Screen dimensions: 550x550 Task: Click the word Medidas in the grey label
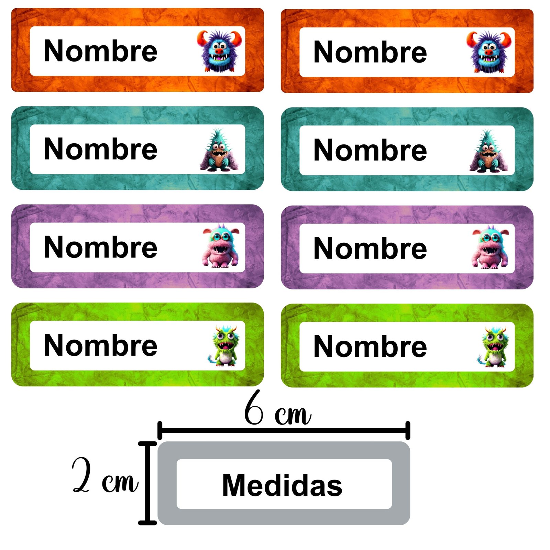click(x=282, y=485)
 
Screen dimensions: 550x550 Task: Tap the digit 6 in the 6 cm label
click(x=254, y=408)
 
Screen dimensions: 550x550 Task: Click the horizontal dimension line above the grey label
click(x=284, y=430)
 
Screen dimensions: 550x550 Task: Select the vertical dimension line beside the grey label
click(x=147, y=483)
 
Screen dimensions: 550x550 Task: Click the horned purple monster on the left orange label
click(x=219, y=51)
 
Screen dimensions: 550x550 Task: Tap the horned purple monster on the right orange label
click(x=489, y=52)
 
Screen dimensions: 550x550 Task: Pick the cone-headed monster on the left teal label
click(x=219, y=150)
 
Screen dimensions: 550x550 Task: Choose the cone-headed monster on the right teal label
click(x=488, y=151)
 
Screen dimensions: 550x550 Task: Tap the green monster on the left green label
click(x=223, y=345)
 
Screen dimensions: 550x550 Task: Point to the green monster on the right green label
click(x=493, y=346)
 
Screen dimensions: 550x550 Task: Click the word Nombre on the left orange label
click(x=101, y=51)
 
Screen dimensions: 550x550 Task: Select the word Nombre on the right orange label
click(x=370, y=52)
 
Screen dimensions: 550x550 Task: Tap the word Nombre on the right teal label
click(x=370, y=150)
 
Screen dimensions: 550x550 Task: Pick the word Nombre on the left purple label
click(x=101, y=247)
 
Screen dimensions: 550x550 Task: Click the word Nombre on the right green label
click(x=370, y=346)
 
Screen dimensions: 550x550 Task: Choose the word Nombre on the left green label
click(x=101, y=345)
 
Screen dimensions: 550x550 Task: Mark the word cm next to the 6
click(x=293, y=415)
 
